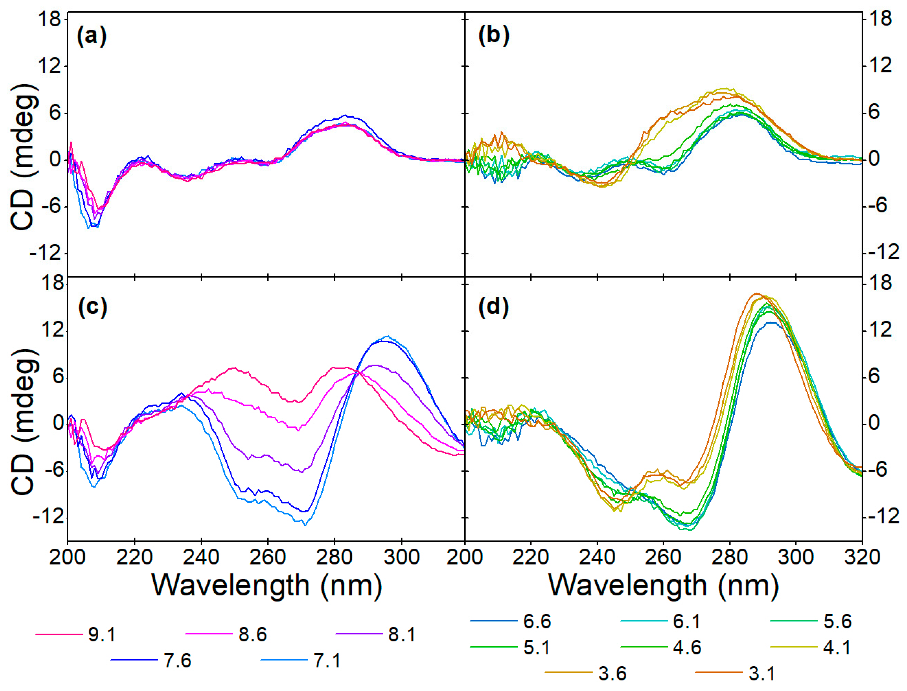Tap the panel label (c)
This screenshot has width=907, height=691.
(92, 307)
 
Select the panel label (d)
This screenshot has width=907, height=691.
(494, 307)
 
